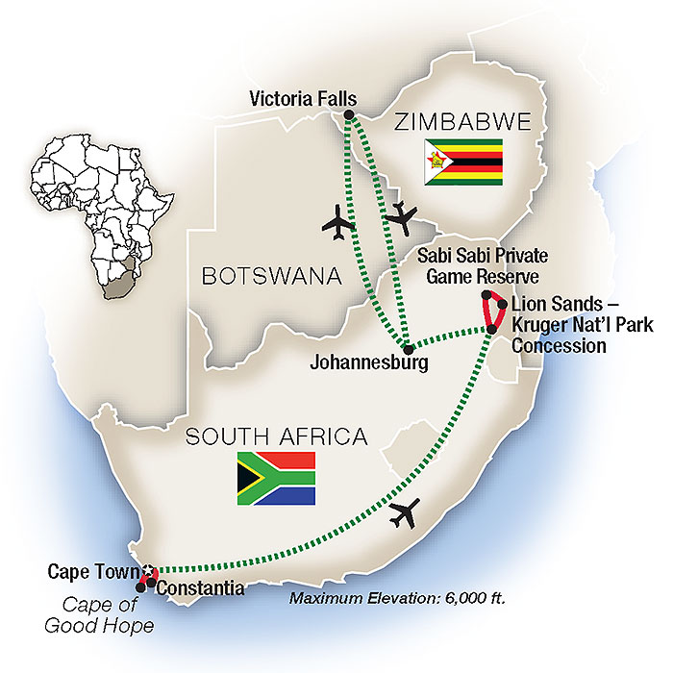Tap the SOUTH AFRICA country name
pos(276,437)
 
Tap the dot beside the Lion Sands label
pos(502,305)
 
